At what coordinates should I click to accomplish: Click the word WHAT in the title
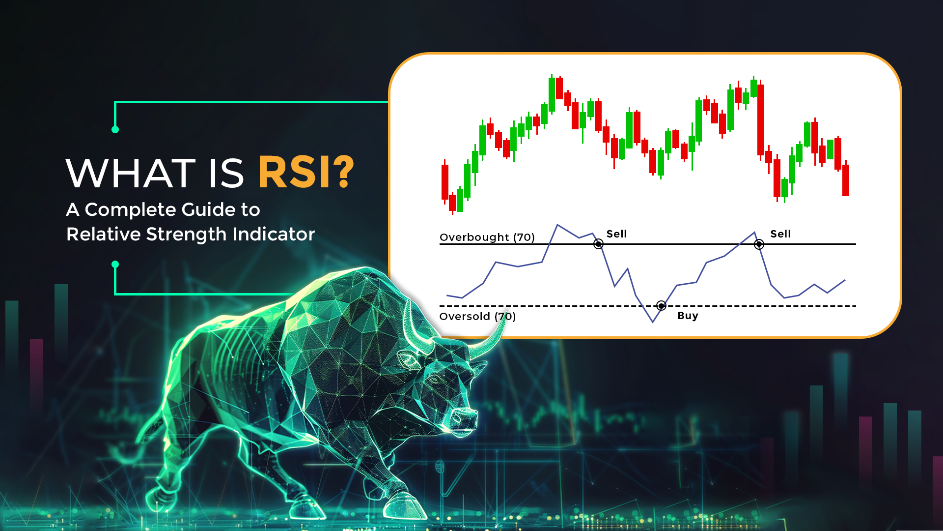pos(131,173)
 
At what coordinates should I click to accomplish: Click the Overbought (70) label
pos(487,237)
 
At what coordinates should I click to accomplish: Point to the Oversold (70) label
pos(477,316)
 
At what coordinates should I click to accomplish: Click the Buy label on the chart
pos(688,316)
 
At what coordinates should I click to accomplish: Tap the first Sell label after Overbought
pos(616,234)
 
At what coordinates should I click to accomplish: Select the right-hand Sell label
pos(780,234)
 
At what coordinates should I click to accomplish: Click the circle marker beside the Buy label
pos(662,306)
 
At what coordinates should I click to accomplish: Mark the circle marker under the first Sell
pos(598,244)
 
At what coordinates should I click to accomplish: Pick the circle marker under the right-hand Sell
pos(759,244)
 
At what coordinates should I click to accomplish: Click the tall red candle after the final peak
pos(761,120)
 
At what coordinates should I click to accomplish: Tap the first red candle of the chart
pos(445,182)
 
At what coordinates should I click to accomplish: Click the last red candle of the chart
pos(846,180)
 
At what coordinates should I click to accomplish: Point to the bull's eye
pos(435,380)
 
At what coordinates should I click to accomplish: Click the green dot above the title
pos(115,130)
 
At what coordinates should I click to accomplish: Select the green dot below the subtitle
pos(115,265)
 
